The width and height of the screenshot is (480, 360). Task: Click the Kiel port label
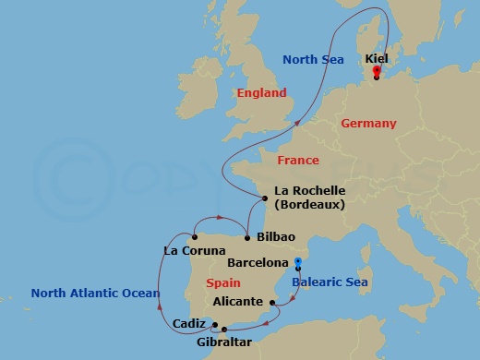tap(377, 58)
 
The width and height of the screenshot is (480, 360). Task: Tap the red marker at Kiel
tap(377, 70)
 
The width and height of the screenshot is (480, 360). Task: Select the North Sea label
tap(313, 60)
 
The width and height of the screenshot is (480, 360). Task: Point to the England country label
tap(261, 93)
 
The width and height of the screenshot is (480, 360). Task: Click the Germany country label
tap(367, 124)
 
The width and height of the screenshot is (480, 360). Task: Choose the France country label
tap(298, 161)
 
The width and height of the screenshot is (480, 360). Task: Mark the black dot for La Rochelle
tap(265, 197)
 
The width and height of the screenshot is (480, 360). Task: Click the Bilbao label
tap(276, 237)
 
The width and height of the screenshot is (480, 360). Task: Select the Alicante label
tap(237, 302)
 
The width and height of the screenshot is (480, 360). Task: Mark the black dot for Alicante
tap(271, 302)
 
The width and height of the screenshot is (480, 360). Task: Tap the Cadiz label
tap(189, 323)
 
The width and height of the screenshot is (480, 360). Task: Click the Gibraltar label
tap(223, 342)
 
